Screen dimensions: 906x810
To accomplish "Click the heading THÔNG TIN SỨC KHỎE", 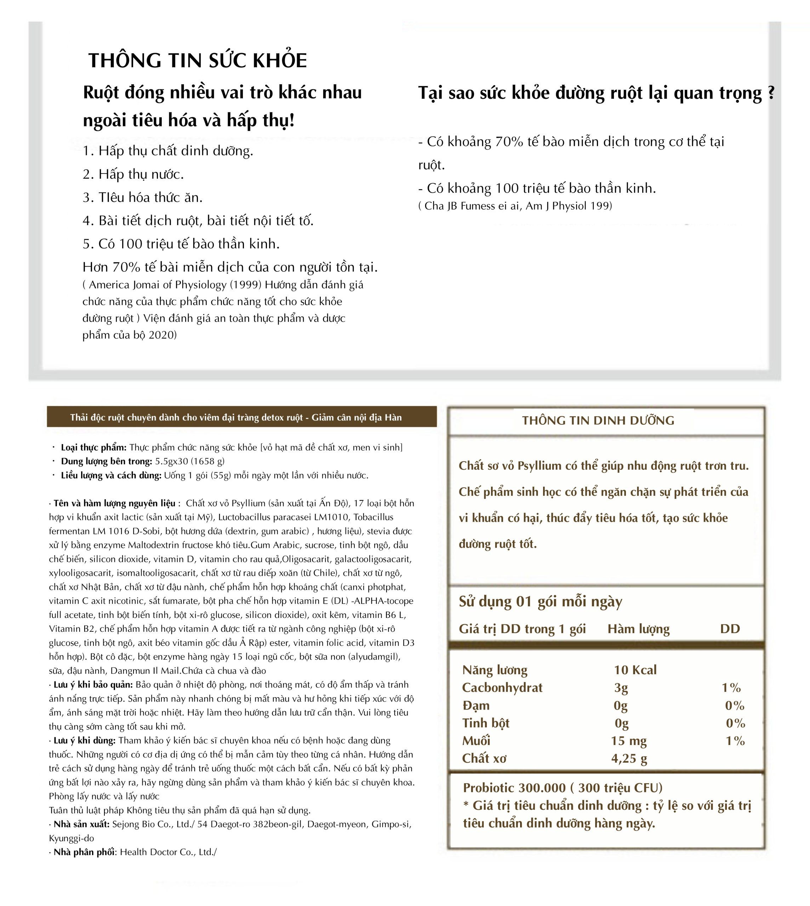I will (x=198, y=61).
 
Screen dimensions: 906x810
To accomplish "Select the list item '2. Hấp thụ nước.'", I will (x=133, y=174).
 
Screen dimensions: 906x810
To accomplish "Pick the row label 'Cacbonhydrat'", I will (x=502, y=688).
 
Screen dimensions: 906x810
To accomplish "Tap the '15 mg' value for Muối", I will (x=628, y=741).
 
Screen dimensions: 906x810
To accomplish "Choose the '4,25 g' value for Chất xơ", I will (x=629, y=759).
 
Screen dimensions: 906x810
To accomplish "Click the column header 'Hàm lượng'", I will (x=638, y=629).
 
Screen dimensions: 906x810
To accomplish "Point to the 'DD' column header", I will (x=730, y=629).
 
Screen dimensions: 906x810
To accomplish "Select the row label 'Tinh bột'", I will (x=486, y=723).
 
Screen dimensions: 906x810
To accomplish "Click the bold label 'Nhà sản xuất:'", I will (x=81, y=824).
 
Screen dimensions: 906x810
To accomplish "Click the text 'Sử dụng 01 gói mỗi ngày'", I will (x=540, y=602).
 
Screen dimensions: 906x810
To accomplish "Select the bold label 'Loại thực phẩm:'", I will (x=93, y=447).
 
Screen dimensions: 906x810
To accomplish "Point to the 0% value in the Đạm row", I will (x=734, y=705).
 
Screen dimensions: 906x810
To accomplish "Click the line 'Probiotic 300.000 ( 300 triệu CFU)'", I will (x=563, y=788).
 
